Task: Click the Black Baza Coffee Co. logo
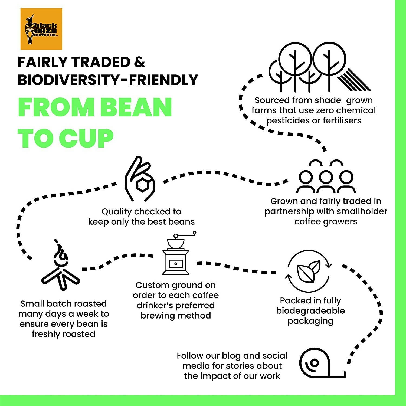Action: tap(41, 29)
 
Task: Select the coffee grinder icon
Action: tap(176, 254)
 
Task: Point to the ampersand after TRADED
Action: tap(139, 62)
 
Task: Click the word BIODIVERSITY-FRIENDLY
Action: tap(108, 80)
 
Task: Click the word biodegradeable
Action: tap(310, 311)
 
